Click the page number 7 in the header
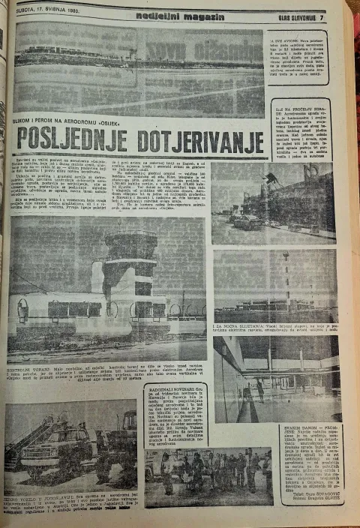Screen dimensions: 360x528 pos(321,16)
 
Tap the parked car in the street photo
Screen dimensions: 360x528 pos(247,220)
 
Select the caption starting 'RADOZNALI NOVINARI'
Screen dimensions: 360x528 pos(175,412)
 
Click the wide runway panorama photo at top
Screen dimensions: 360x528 pos(139,69)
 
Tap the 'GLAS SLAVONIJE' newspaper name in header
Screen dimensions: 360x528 pos(294,16)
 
